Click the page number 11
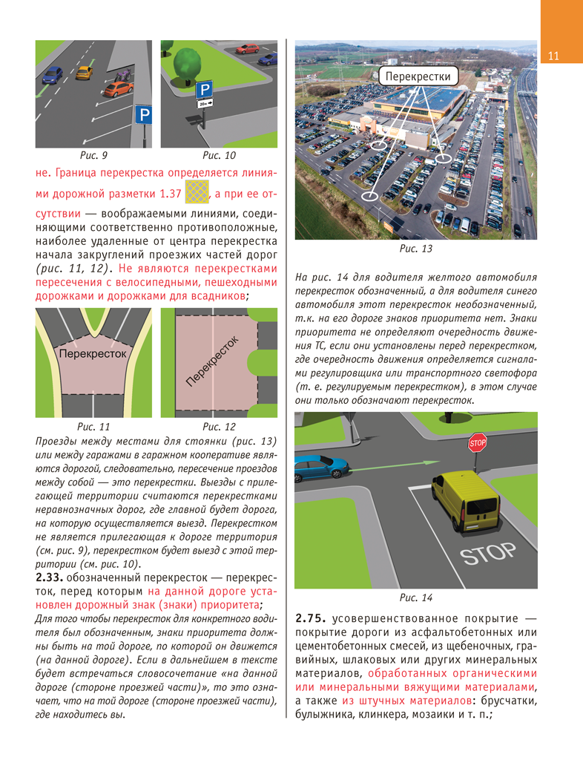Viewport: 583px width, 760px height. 553,57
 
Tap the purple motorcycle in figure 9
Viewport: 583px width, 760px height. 123,76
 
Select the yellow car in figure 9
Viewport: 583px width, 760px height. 85,72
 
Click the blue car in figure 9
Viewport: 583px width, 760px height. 53,75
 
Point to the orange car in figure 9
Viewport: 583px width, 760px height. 116,89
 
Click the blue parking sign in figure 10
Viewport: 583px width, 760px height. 203,90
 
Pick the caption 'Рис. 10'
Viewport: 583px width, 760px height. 220,156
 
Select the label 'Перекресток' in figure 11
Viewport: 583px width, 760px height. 93,355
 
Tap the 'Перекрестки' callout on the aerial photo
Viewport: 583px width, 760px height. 418,76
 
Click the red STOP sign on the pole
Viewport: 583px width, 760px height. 478,444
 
